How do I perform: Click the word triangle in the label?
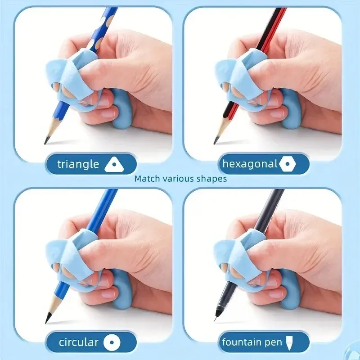(78, 164)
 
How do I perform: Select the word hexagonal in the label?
(250, 164)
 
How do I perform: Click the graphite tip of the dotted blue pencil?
(46, 142)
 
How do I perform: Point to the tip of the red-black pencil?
(216, 142)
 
